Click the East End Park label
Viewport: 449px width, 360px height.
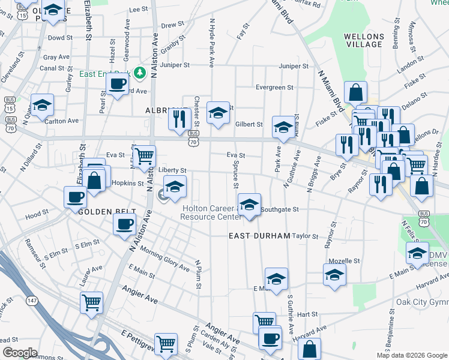point(105,74)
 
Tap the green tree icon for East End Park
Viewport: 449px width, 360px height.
point(140,73)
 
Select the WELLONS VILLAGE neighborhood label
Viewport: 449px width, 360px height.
point(364,40)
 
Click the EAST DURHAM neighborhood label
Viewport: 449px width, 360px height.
point(260,236)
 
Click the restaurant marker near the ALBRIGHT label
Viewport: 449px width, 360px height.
point(178,119)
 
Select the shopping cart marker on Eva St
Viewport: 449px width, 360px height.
point(144,156)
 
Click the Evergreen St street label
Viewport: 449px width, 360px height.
point(274,87)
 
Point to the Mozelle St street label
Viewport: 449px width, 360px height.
point(345,261)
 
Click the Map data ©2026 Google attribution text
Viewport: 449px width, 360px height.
point(411,355)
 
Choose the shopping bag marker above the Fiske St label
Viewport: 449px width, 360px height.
point(356,92)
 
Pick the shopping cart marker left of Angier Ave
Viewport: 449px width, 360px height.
point(91,302)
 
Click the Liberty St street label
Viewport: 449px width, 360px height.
point(172,170)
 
